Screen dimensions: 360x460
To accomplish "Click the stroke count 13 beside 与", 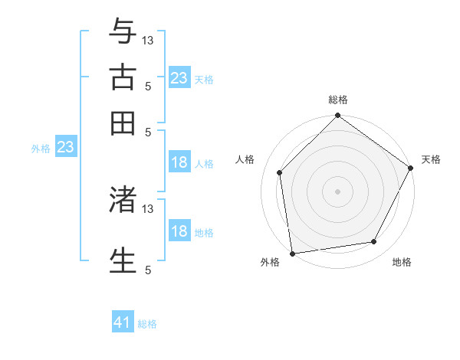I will click(x=148, y=40).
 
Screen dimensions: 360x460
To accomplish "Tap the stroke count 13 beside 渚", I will click(x=148, y=208).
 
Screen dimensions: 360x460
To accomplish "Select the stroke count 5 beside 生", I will click(x=148, y=270).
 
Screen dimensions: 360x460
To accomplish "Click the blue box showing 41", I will click(x=123, y=323).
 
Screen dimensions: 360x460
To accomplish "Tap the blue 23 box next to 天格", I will click(x=179, y=78).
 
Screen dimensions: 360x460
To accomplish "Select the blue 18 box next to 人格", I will click(x=179, y=162).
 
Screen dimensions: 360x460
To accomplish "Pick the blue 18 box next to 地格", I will click(x=179, y=231).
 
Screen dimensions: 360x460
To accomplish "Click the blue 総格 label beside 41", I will click(x=147, y=324).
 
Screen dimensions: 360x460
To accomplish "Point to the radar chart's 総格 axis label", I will click(x=338, y=100).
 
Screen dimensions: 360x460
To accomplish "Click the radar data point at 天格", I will click(x=411, y=169).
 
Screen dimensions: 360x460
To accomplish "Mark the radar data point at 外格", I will click(x=292, y=253).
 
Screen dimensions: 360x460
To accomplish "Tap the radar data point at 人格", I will click(x=280, y=172).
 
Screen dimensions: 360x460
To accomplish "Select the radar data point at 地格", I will click(x=374, y=241).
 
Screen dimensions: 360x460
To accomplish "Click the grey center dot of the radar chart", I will click(x=338, y=191).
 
